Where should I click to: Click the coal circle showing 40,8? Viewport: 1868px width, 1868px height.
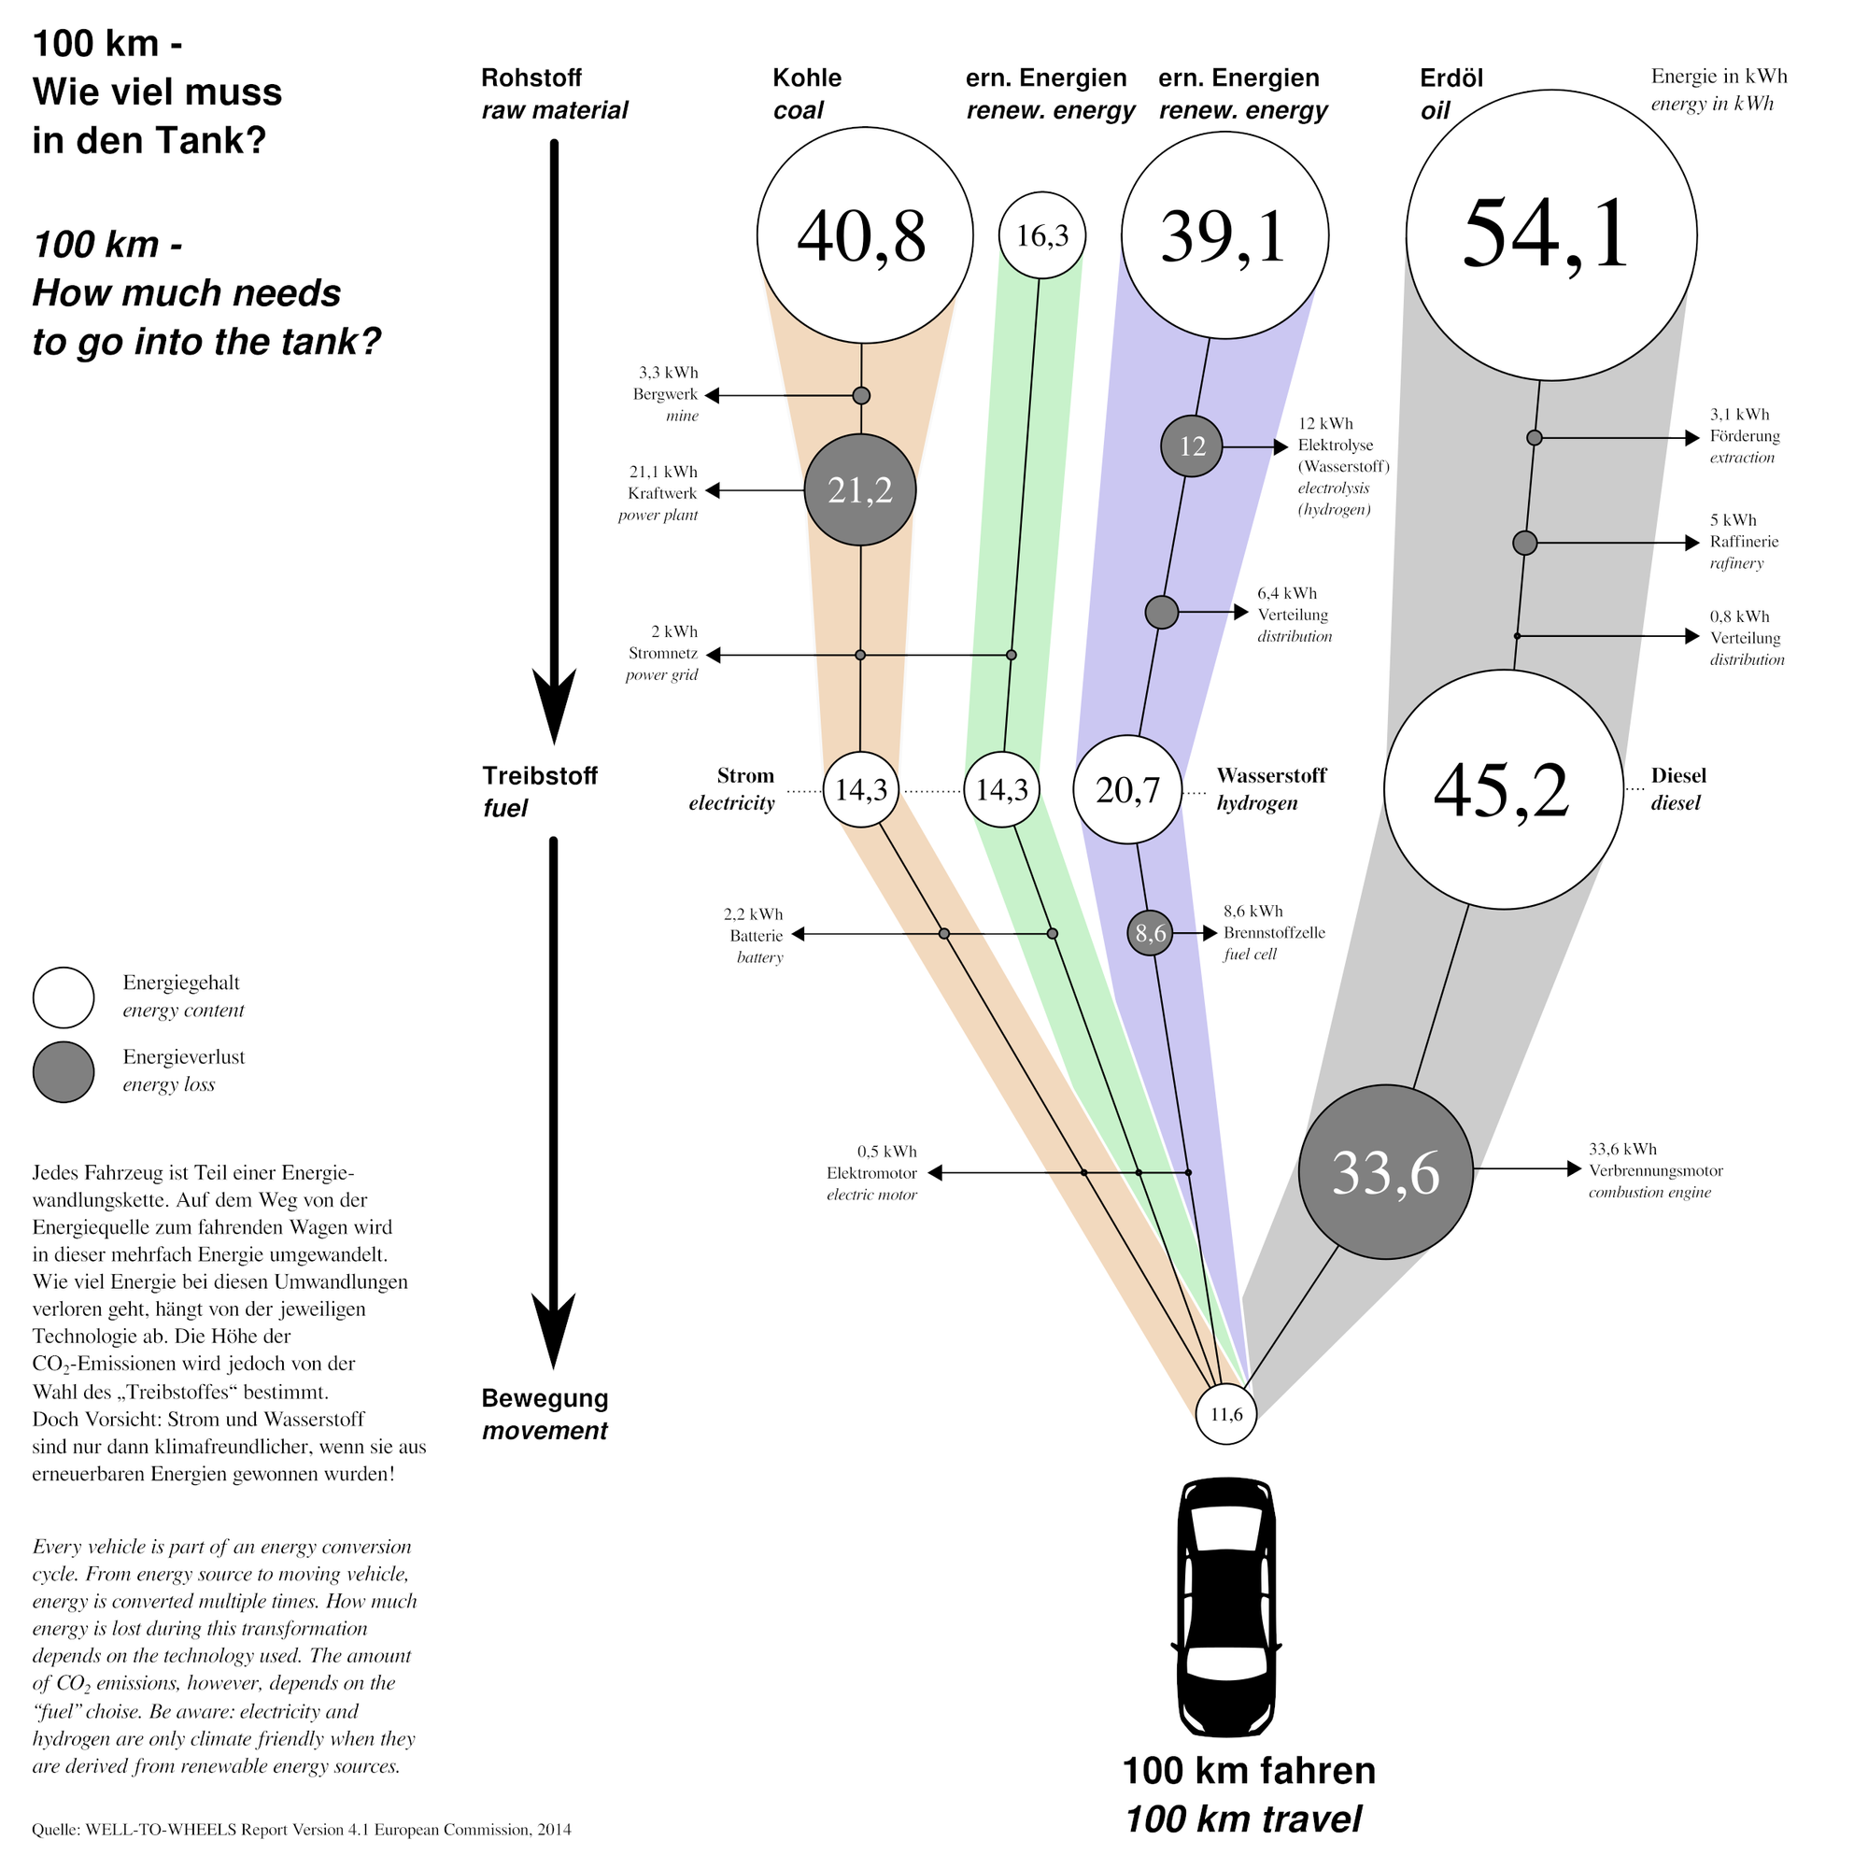(x=864, y=235)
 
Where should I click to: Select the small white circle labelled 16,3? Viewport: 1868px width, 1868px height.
(x=1041, y=235)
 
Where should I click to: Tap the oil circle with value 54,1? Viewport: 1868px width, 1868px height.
(x=1550, y=235)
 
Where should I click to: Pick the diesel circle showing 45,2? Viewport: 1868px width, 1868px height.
(x=1503, y=790)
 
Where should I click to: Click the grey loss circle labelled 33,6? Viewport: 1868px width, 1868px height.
(x=1384, y=1172)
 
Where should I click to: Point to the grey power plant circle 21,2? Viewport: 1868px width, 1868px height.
(x=859, y=490)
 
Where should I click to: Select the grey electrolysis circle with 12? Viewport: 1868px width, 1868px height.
(x=1191, y=446)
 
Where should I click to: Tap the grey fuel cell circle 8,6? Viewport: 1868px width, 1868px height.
(x=1150, y=933)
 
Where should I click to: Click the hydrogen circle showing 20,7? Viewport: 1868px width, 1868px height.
(x=1127, y=790)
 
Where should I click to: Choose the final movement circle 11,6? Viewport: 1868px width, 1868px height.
(x=1225, y=1414)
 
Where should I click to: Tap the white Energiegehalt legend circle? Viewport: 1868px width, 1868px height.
(x=63, y=997)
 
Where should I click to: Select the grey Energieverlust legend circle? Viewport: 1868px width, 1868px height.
(x=63, y=1071)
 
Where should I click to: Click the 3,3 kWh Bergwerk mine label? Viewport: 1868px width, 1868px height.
(x=666, y=393)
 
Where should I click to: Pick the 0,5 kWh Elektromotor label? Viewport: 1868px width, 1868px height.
(x=871, y=1173)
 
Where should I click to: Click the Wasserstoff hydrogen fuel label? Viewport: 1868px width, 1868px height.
(x=1270, y=789)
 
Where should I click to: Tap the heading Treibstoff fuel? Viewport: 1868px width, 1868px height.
(x=539, y=791)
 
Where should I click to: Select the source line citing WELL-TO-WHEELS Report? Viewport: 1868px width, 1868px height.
(x=301, y=1830)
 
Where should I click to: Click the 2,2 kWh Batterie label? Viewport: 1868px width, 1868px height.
(x=754, y=935)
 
